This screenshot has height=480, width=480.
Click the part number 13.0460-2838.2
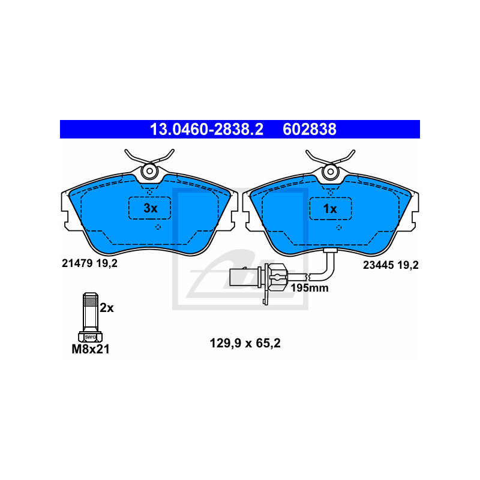pyautogui.click(x=206, y=129)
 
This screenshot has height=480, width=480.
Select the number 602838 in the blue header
pyautogui.click(x=310, y=129)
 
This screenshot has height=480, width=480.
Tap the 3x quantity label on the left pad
pyautogui.click(x=150, y=208)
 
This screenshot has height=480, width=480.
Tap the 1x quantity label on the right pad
pyautogui.click(x=330, y=208)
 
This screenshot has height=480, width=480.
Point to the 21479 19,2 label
pyautogui.click(x=89, y=263)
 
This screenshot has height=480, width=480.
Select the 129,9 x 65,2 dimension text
pyautogui.click(x=245, y=344)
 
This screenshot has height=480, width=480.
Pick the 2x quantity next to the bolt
pyautogui.click(x=107, y=308)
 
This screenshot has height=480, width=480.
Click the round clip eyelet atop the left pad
pyautogui.click(x=148, y=173)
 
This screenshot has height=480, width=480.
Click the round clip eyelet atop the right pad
pyautogui.click(x=330, y=173)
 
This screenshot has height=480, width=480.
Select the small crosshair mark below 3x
pyautogui.click(x=158, y=227)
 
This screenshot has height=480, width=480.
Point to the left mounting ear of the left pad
pyautogui.click(x=66, y=210)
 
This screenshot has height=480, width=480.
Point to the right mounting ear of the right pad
pyautogui.click(x=413, y=210)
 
